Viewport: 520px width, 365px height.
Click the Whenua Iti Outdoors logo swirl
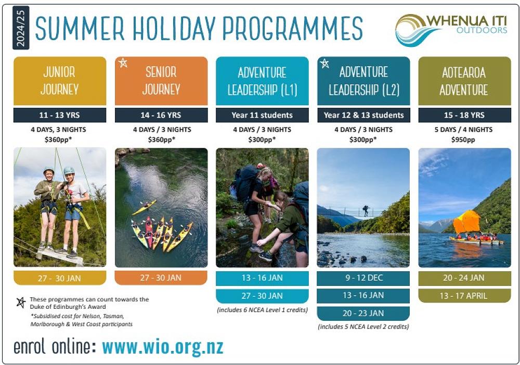click(411, 30)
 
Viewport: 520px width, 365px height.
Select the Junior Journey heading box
click(60, 81)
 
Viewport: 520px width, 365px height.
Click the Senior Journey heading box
click(161, 81)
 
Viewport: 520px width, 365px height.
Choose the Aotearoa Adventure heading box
click(464, 81)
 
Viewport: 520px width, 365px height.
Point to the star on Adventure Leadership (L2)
click(324, 64)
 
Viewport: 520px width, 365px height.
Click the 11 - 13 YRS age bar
click(60, 115)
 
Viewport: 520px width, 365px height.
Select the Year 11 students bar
click(262, 115)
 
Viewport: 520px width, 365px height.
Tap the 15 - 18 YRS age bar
click(464, 115)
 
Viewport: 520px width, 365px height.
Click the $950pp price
click(464, 140)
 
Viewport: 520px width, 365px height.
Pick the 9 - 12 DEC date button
click(363, 278)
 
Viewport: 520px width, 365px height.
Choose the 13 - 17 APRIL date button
click(464, 296)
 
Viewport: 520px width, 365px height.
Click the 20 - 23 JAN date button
click(363, 313)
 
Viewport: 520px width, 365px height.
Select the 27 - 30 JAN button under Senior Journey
click(161, 278)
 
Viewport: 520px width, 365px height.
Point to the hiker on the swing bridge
click(366, 210)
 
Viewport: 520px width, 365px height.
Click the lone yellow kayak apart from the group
click(144, 207)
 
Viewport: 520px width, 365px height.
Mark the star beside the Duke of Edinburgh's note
click(21, 303)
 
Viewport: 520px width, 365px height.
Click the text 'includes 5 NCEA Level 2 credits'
click(363, 327)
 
